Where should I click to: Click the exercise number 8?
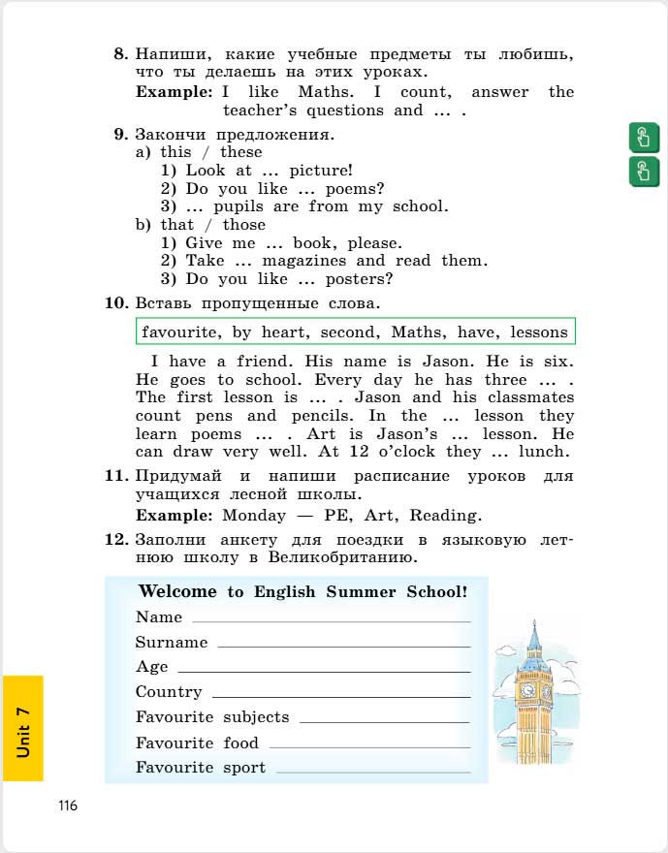coord(120,54)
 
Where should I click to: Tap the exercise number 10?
coord(116,304)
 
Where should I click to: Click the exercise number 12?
coord(116,540)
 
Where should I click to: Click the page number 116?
coord(67,806)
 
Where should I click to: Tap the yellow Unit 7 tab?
coord(22,728)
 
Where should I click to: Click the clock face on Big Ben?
coord(528,690)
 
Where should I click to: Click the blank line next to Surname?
coord(344,646)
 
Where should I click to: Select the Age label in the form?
coord(152,667)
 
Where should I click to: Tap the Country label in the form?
coord(169,692)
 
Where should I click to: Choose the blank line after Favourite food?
coord(369,747)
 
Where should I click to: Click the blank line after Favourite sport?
coord(373,772)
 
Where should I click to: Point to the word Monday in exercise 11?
coord(254,515)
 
